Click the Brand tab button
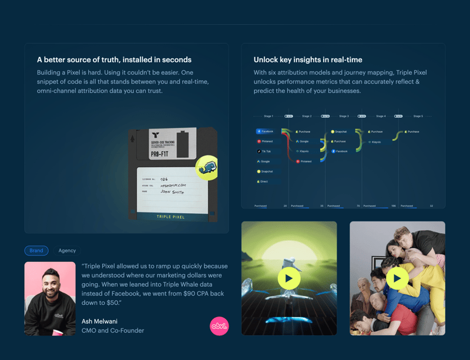36,251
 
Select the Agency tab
67,251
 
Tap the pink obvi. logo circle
219,326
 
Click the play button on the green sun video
289,278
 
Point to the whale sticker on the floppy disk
206,168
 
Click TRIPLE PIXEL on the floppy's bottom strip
170,217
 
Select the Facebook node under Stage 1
265,132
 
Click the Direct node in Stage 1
263,181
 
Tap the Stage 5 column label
418,116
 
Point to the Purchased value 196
393,206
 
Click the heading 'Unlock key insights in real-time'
308,60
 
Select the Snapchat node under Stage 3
340,132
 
